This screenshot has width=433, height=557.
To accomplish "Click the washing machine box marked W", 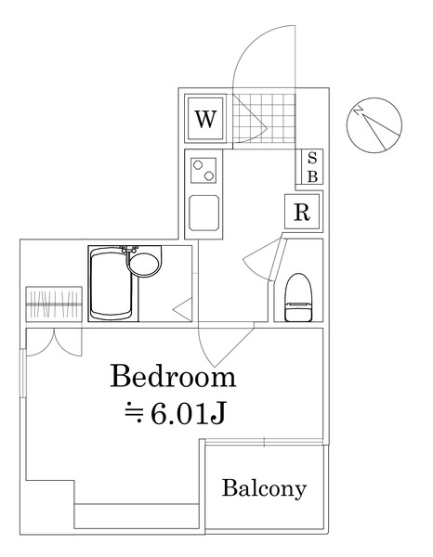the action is (205, 118).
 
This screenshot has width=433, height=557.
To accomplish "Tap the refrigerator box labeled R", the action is (302, 212).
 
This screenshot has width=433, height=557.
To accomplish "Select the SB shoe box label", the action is (312, 166).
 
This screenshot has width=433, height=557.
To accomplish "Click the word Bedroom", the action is (173, 377).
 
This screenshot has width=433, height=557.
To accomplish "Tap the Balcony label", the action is (264, 488).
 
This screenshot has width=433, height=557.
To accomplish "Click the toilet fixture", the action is (298, 298).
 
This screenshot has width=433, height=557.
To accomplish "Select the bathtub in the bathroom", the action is (111, 283).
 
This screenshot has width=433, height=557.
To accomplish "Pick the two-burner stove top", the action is (203, 171).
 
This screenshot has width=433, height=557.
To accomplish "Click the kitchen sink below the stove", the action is (203, 213).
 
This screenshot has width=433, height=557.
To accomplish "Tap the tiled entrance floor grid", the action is (264, 118).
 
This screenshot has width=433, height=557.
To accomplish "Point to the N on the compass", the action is (359, 111).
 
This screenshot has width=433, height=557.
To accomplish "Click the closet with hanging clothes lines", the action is (54, 304).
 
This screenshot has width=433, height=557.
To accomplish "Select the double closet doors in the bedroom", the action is (54, 342).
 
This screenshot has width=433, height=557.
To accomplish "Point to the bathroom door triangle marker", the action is (182, 310).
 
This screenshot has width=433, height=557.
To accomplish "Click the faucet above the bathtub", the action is (128, 250).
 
